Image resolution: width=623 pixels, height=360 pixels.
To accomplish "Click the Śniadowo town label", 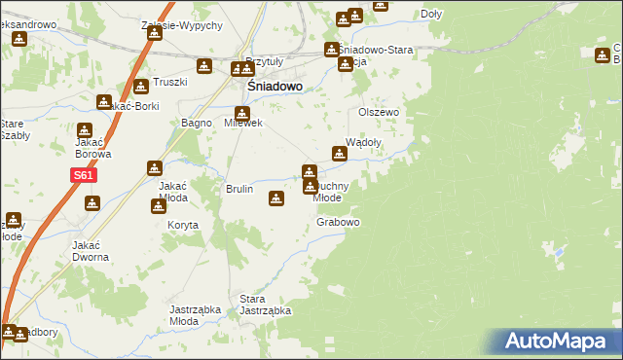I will click(268, 86).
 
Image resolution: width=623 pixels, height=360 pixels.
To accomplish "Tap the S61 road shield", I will click(82, 176).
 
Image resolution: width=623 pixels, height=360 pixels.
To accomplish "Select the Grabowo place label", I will click(339, 222).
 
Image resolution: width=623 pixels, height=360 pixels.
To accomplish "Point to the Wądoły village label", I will click(364, 140).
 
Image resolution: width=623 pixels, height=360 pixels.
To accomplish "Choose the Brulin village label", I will click(239, 189).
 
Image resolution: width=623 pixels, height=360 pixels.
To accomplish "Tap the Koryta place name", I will click(183, 225).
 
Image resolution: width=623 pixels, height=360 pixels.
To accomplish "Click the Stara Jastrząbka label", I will click(265, 305).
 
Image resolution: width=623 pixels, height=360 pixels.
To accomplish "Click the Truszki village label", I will click(169, 82).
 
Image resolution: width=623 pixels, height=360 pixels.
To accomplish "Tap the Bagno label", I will click(197, 123).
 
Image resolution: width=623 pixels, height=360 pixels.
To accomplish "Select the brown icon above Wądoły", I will click(340, 153).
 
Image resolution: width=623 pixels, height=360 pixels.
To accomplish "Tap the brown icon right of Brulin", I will click(276, 198).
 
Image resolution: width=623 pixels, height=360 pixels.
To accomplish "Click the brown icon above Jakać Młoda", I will click(154, 168).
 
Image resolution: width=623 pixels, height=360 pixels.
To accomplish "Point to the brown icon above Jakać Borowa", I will click(85, 130).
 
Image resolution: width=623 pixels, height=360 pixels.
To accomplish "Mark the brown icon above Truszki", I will click(141, 86).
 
